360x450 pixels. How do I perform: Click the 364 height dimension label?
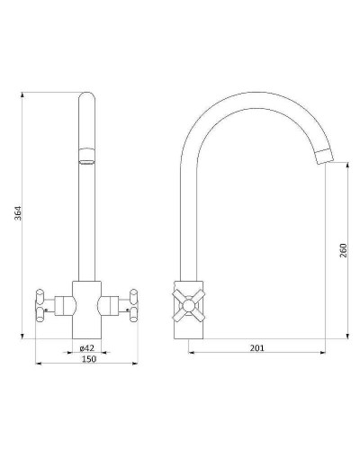[19, 213]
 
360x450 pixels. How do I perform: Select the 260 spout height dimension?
[343, 250]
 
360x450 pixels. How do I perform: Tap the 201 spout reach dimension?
[257, 348]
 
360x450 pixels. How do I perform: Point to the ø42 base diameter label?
[87, 348]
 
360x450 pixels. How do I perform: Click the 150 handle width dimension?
[89, 359]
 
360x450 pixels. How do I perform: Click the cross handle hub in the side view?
[188, 305]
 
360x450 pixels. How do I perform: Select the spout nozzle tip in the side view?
[326, 156]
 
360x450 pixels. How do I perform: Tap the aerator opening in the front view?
[86, 163]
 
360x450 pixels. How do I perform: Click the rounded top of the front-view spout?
[86, 96]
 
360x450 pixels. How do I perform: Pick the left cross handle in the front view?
[40, 305]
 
